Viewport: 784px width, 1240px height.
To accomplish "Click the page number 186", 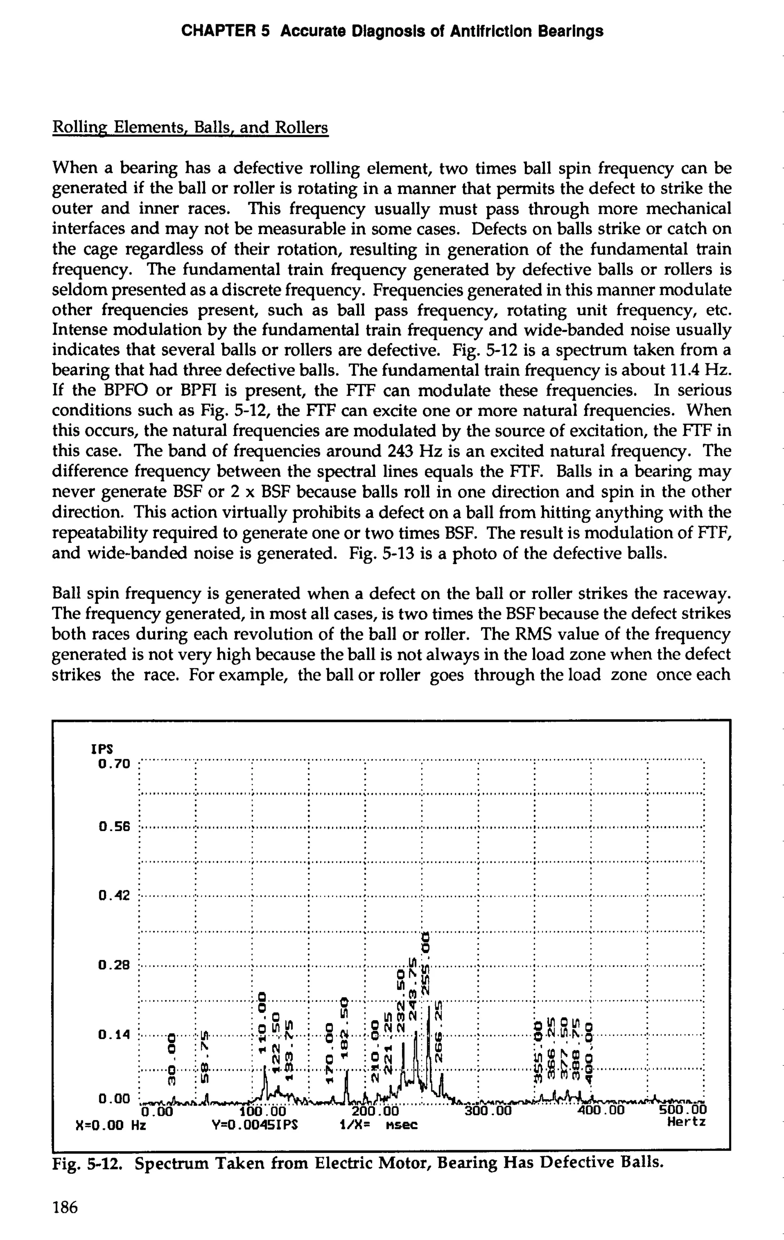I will [x=65, y=1207].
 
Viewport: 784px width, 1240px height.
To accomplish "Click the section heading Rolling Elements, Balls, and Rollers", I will [x=190, y=127].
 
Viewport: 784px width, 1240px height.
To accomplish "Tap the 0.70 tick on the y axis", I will [x=115, y=763].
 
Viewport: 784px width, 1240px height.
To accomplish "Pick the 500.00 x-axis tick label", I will [x=683, y=1109].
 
